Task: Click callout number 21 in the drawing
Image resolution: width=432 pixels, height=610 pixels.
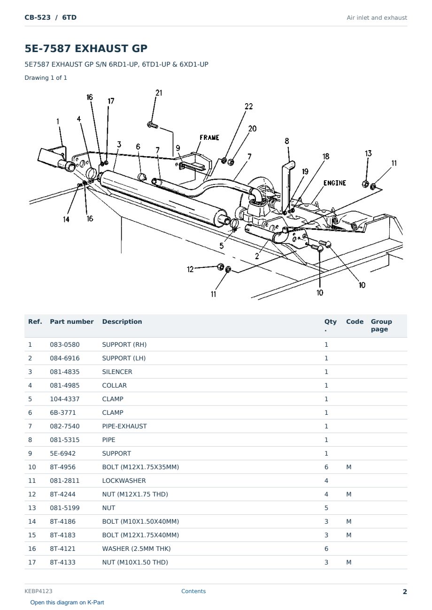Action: [159, 93]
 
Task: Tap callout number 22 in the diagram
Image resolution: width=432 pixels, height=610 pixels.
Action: [248, 106]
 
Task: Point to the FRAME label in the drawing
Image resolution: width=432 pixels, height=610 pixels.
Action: [209, 137]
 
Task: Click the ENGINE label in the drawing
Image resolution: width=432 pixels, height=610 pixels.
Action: [335, 183]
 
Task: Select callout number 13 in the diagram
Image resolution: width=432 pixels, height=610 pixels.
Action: [368, 153]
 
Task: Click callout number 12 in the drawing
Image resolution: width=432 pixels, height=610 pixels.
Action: [190, 269]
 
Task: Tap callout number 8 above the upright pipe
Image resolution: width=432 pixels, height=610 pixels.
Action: [287, 141]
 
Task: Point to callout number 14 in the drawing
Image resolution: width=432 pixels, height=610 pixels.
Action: [66, 219]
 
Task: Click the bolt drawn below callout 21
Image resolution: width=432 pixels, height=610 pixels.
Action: [153, 125]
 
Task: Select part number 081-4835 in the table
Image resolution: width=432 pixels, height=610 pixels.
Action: [65, 372]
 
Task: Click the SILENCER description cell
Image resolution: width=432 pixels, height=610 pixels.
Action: [117, 372]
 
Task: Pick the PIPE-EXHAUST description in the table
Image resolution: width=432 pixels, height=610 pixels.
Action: [124, 426]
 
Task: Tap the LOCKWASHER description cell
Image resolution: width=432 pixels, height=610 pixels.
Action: [124, 480]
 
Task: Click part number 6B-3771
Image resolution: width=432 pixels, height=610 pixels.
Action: [63, 412]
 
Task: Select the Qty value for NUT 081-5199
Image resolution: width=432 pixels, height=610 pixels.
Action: [326, 508]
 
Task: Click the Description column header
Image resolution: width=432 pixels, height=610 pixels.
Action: [122, 321]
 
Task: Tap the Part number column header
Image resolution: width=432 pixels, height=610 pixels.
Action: [72, 321]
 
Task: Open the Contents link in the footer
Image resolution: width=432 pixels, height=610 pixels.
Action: [193, 591]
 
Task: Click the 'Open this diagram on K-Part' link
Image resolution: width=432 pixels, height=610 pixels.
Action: [67, 602]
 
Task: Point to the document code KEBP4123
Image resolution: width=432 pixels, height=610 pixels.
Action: [39, 591]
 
